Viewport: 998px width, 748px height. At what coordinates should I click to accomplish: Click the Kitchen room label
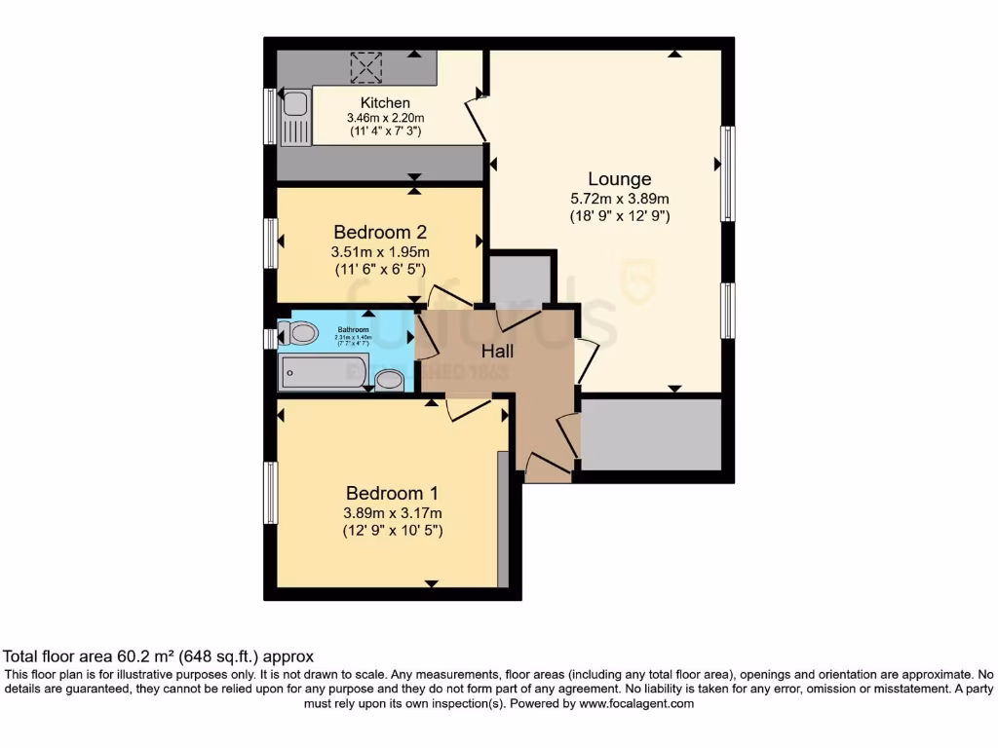click(x=385, y=102)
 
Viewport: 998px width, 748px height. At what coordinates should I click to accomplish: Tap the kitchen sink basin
click(x=294, y=105)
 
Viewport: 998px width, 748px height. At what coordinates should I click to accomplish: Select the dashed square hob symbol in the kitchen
click(x=366, y=67)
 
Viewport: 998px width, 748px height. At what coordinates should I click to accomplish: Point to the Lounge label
click(x=619, y=179)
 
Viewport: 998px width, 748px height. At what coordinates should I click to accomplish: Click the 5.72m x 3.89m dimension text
click(x=620, y=199)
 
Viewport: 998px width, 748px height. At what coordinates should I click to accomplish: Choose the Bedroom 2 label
click(x=380, y=232)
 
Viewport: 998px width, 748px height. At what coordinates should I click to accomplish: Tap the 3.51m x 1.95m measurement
click(x=380, y=251)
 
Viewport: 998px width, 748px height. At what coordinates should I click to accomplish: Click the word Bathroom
click(x=353, y=329)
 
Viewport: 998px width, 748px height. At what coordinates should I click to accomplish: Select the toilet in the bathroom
click(x=301, y=334)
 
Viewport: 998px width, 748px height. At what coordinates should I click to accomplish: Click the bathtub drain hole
click(x=288, y=370)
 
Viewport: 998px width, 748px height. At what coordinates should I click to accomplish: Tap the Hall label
click(x=496, y=351)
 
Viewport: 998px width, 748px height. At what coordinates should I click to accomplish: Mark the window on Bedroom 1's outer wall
click(x=271, y=494)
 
